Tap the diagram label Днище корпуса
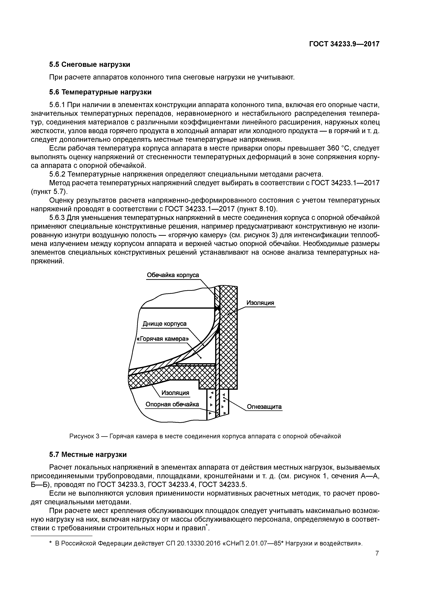[x=165, y=324]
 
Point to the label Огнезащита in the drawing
[x=264, y=407]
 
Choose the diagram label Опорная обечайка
[x=172, y=404]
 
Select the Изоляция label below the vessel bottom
[x=176, y=393]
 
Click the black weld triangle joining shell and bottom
[x=217, y=308]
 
